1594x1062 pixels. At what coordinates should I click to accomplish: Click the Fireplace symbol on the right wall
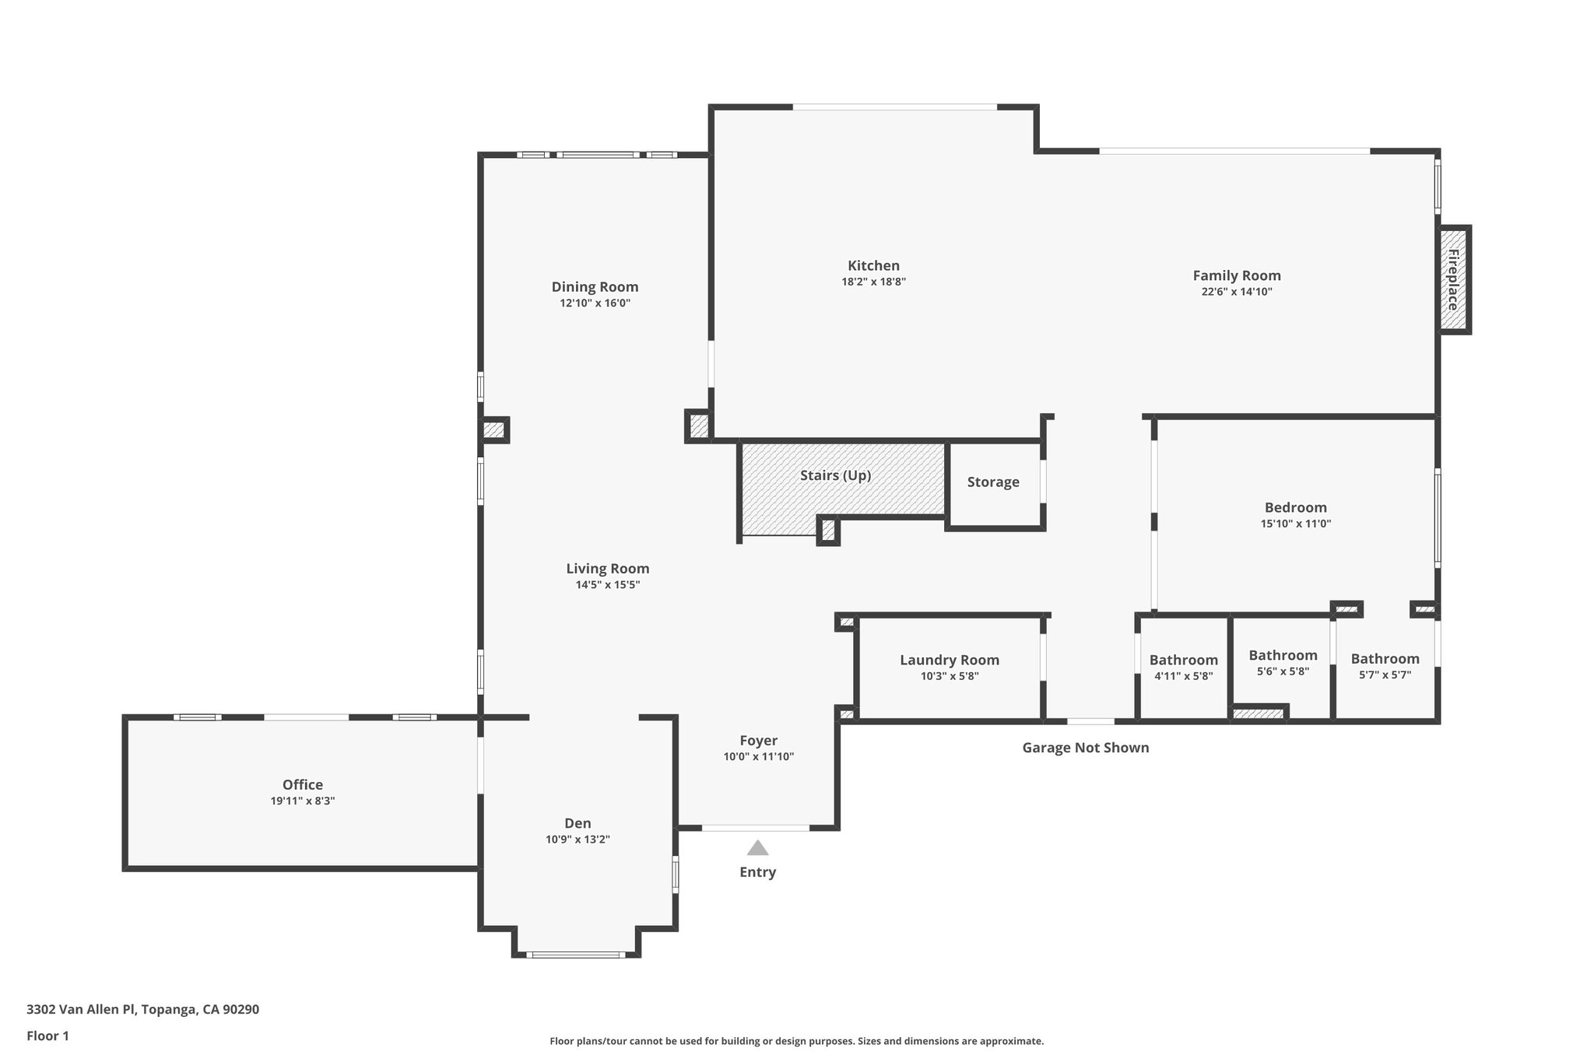[1453, 280]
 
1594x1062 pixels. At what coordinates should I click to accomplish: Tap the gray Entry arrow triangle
[757, 848]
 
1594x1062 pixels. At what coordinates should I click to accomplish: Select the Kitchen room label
[873, 266]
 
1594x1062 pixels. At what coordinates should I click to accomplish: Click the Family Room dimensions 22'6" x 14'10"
[1237, 292]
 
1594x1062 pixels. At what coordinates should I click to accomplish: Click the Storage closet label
[993, 482]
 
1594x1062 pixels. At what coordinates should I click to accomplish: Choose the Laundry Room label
[949, 660]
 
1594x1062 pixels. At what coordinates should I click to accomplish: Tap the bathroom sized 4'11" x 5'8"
[1183, 668]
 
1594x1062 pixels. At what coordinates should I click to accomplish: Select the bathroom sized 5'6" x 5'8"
[1283, 663]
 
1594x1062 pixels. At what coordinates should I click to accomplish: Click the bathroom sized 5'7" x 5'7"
[1385, 667]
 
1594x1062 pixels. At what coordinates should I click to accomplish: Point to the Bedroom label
[1295, 508]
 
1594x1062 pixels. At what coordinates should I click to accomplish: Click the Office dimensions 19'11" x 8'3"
[303, 801]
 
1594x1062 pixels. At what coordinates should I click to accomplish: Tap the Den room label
[578, 823]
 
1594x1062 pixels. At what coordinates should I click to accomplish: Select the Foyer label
[758, 741]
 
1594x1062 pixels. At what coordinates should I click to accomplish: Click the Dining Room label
[595, 287]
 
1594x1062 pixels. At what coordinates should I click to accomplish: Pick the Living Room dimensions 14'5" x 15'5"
[607, 585]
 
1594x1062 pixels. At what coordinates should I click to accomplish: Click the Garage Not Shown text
[1085, 748]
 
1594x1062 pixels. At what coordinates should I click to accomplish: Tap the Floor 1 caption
[47, 1036]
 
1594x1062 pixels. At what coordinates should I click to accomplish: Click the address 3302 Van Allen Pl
[142, 1009]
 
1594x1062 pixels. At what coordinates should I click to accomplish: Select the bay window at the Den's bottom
[576, 954]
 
